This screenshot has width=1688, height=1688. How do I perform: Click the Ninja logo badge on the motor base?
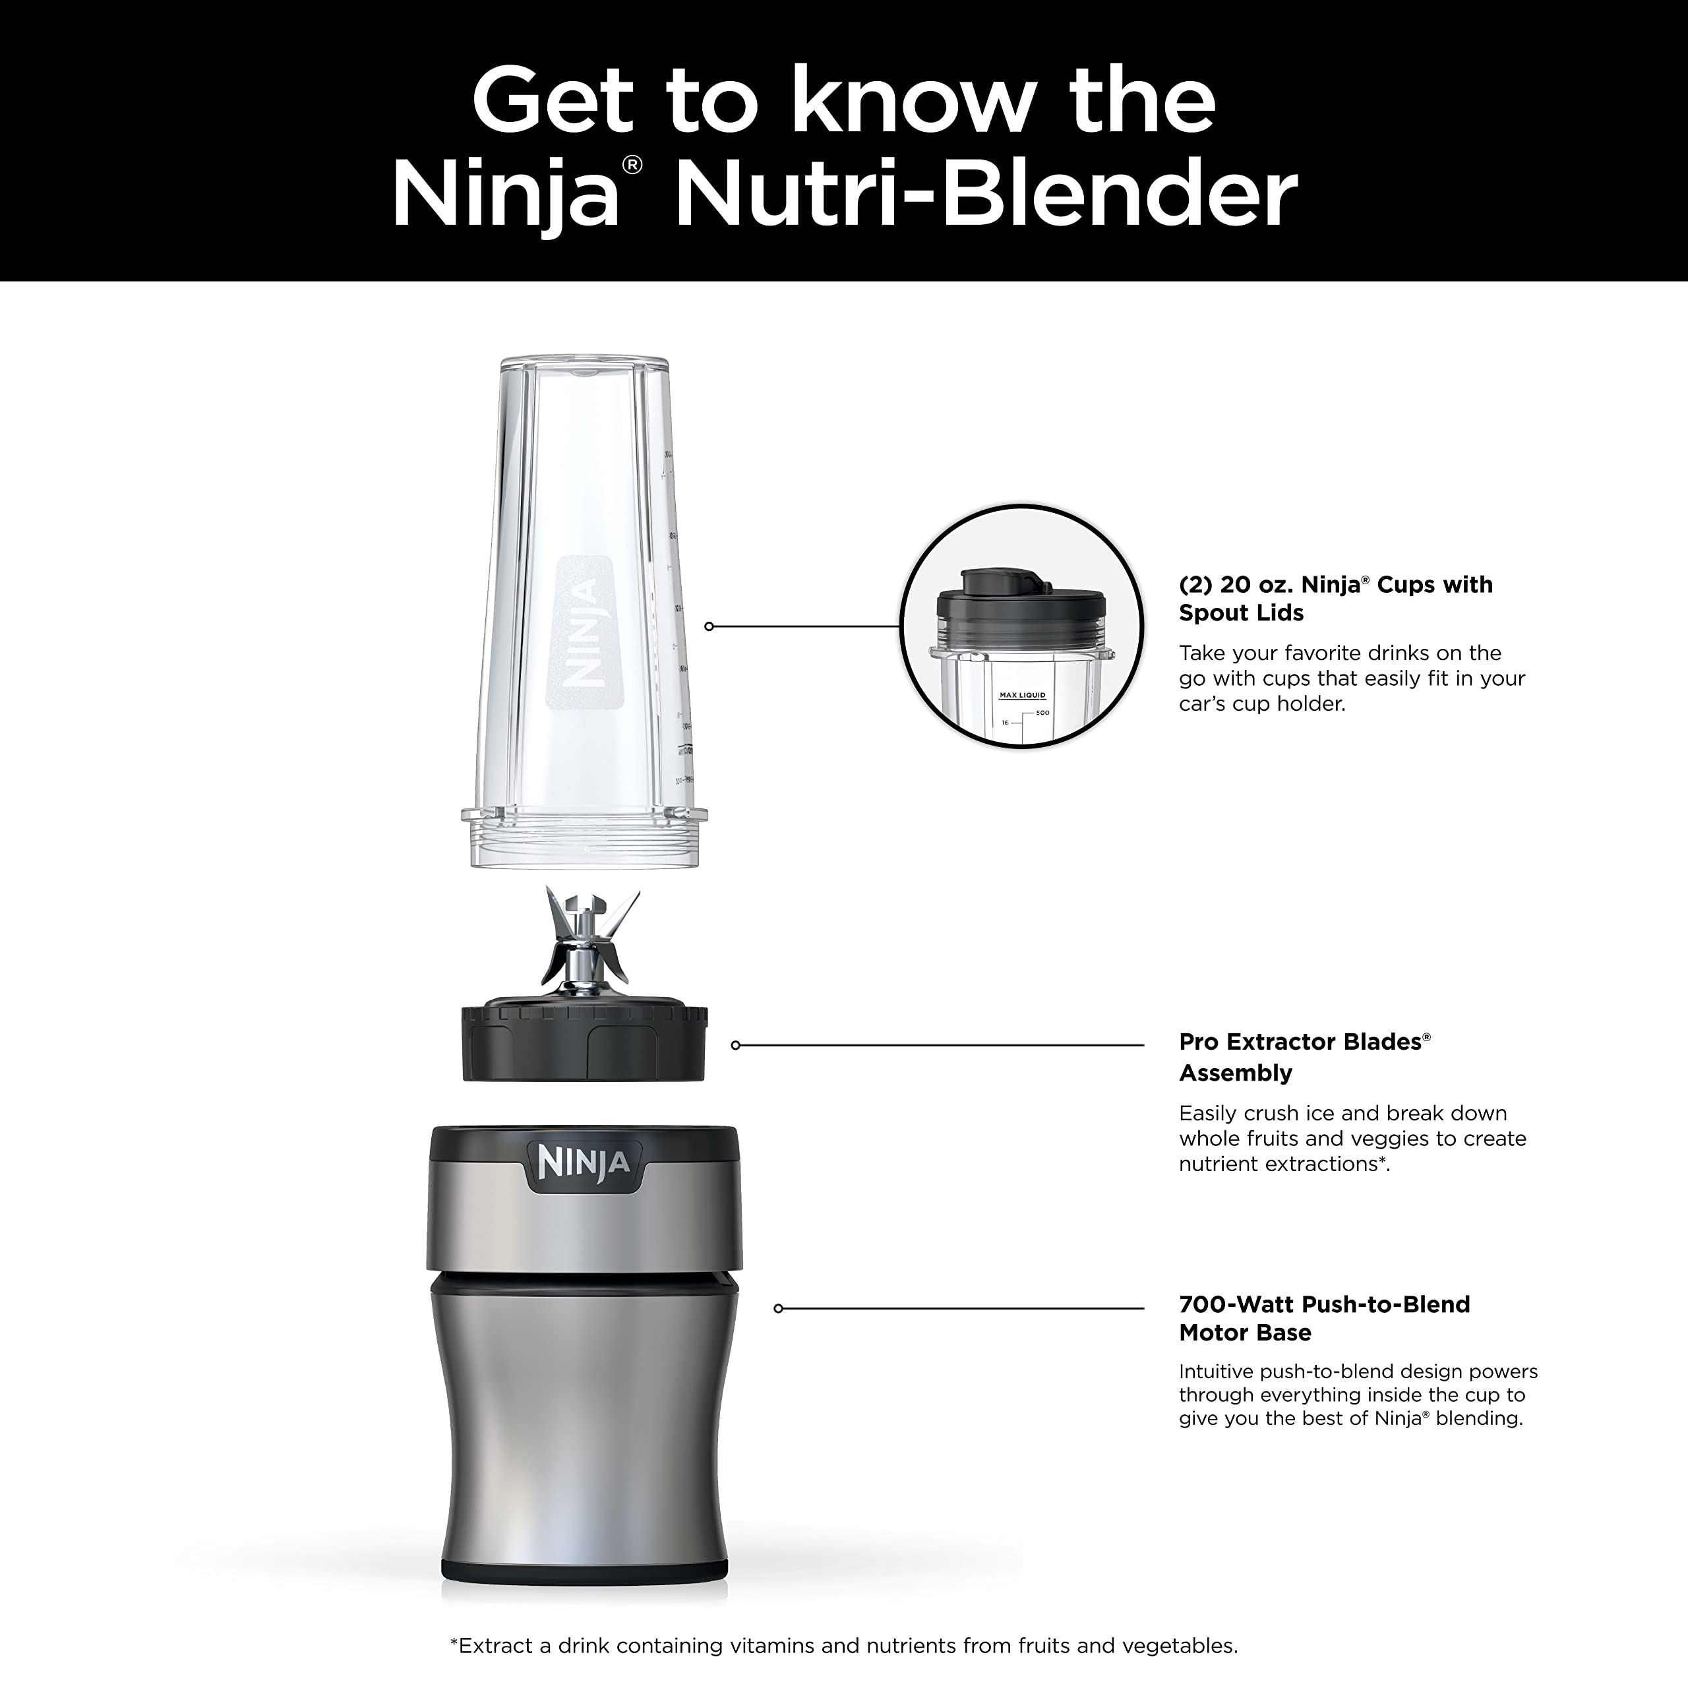[x=583, y=1164]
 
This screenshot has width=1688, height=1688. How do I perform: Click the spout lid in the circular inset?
[x=1021, y=603]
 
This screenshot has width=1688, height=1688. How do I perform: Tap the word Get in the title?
[x=551, y=102]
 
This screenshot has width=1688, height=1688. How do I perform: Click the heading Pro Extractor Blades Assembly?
[x=1304, y=1056]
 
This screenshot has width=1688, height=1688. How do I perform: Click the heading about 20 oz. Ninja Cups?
[x=1335, y=599]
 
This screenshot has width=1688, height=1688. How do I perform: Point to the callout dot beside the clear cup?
[x=709, y=626]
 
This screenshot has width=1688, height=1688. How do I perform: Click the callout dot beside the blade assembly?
[x=736, y=1045]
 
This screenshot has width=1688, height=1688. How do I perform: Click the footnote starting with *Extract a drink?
[x=843, y=1646]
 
